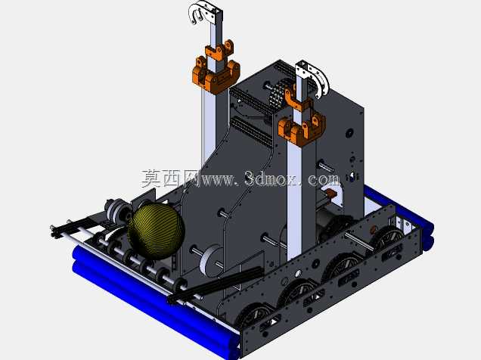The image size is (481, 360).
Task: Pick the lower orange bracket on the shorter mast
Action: tap(301, 128)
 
